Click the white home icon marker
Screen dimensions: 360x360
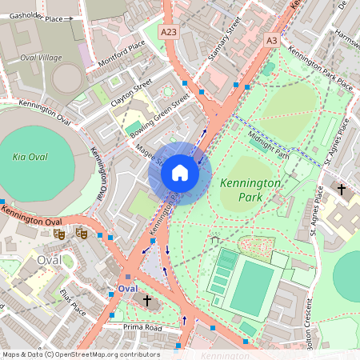pyautogui.click(x=180, y=172)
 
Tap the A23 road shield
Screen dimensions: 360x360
pyautogui.click(x=168, y=30)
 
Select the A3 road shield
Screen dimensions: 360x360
pyautogui.click(x=272, y=39)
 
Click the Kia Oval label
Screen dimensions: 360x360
pyautogui.click(x=30, y=157)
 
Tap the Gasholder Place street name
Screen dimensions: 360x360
pyautogui.click(x=32, y=17)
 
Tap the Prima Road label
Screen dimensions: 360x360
pyautogui.click(x=142, y=327)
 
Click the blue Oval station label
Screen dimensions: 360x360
pyautogui.click(x=127, y=287)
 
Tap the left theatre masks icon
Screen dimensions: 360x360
pyautogui.click(x=58, y=234)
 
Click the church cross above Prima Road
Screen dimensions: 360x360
pyautogui.click(x=146, y=301)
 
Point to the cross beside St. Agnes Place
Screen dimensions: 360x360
pyautogui.click(x=342, y=190)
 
